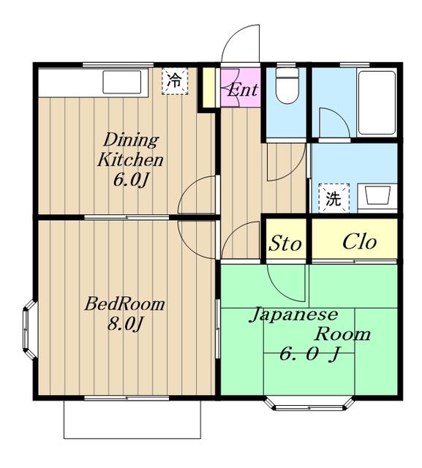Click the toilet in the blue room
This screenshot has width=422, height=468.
click(287, 86)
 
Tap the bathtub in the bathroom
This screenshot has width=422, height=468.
click(377, 102)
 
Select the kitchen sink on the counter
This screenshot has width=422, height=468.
click(121, 82)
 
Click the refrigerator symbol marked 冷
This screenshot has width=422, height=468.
click(175, 81)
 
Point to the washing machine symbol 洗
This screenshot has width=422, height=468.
click(334, 198)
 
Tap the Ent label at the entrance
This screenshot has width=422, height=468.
click(242, 89)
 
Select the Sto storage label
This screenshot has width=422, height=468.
click(285, 243)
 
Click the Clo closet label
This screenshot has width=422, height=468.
click(359, 241)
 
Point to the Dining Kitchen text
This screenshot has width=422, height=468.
click(130, 150)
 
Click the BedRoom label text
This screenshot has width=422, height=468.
click(124, 304)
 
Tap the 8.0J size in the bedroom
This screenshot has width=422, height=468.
click(124, 324)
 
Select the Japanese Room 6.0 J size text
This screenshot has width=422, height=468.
click(309, 354)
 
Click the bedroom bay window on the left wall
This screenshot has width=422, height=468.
click(29, 329)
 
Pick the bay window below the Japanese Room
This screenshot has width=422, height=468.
click(309, 404)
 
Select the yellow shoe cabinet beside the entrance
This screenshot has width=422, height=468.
click(209, 88)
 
